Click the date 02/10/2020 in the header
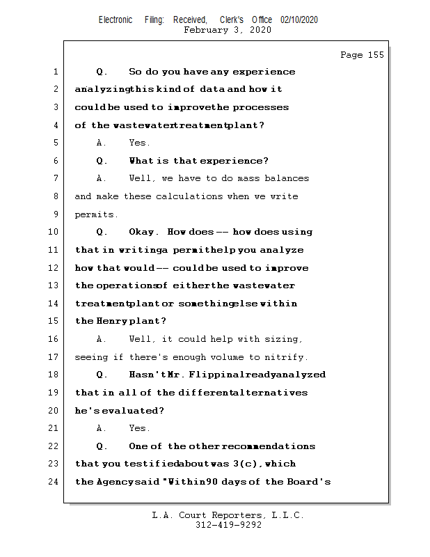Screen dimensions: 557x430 tap(299, 20)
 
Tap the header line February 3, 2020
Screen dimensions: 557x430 tap(228, 30)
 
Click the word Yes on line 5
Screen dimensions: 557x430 tap(138, 143)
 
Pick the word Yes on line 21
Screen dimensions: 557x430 tap(138, 428)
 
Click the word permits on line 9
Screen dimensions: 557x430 tap(96, 214)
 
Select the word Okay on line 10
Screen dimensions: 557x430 tap(144, 232)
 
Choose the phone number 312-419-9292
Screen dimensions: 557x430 tap(228, 526)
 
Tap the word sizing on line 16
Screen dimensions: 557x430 tap(284, 339)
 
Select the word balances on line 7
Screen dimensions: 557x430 tap(282, 178)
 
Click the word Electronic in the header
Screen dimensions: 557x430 tap(116, 20)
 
